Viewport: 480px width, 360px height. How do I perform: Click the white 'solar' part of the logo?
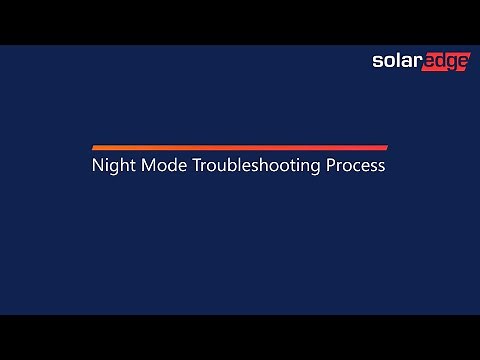pyautogui.click(x=394, y=62)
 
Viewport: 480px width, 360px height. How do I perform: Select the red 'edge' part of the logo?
pyautogui.click(x=443, y=63)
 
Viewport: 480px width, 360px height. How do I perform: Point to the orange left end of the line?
pyautogui.click(x=95, y=147)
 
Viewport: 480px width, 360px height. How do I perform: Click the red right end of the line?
pyautogui.click(x=384, y=147)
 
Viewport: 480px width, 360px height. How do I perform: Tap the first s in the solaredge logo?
pyautogui.click(x=377, y=62)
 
